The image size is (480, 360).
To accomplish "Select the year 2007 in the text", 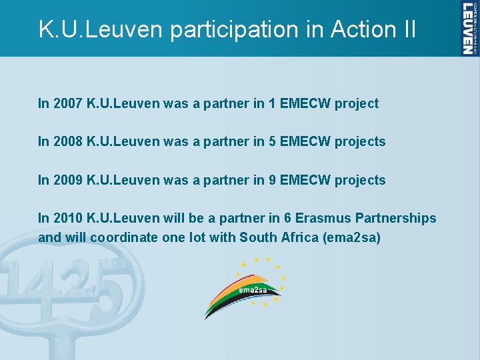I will coord(67,103).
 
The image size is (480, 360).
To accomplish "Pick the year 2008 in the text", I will coord(67,141).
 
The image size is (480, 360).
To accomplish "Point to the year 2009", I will coord(67,180).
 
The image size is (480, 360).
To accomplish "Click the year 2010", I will coord(67,218).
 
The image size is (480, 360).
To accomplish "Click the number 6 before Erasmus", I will coord(289,218).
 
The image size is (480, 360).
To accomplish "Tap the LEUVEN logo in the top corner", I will coord(469,28).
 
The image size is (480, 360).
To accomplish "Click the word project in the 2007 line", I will coord(357,103).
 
